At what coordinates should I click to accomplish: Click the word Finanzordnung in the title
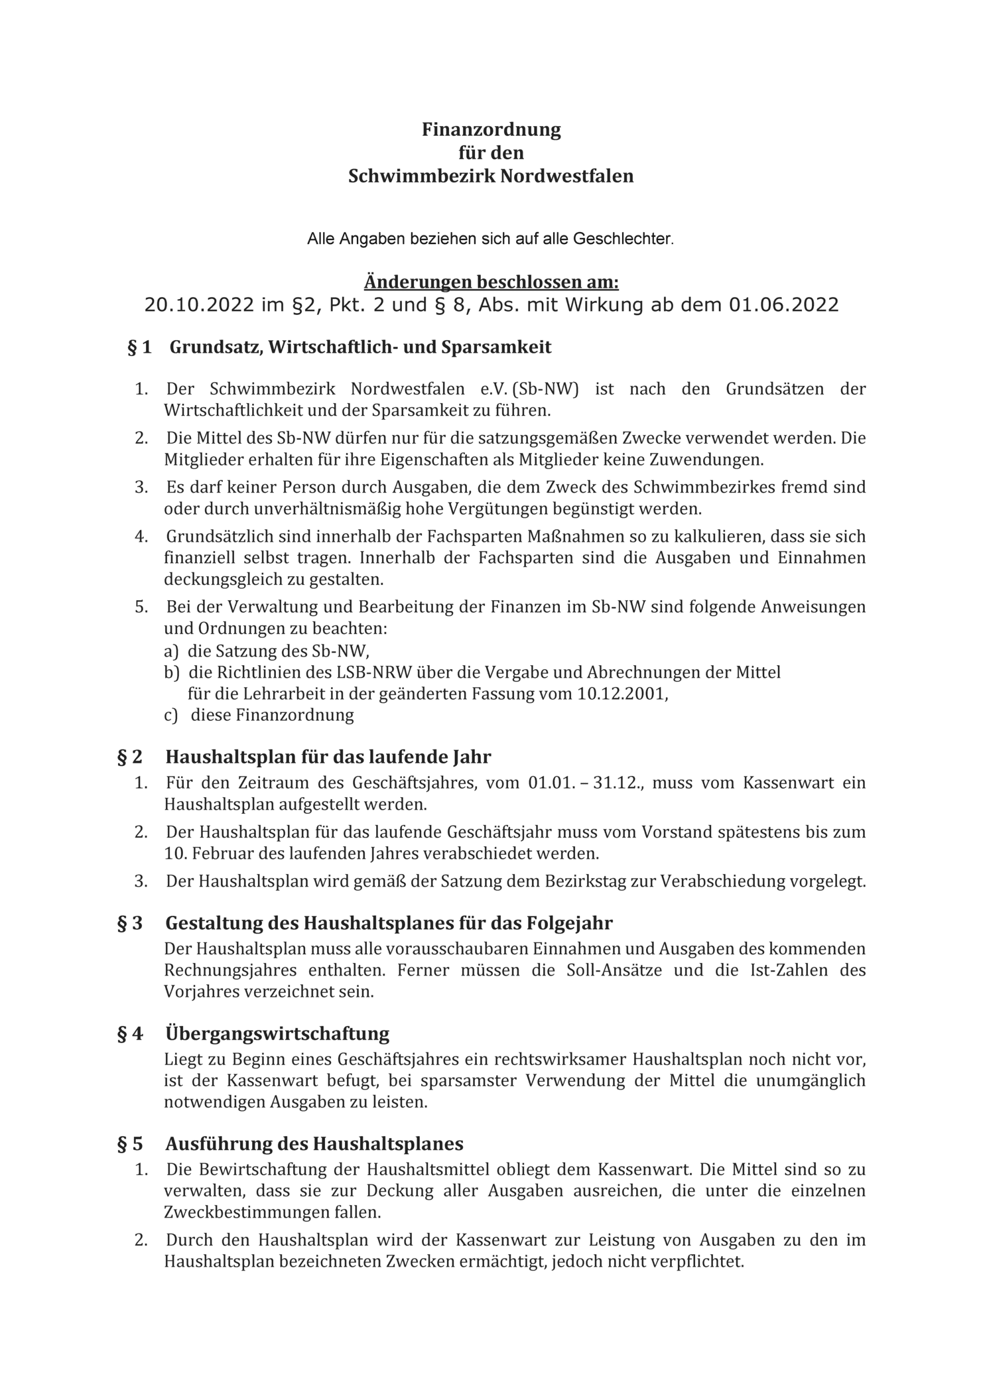click(x=491, y=129)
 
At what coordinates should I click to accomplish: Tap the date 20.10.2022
click(x=199, y=305)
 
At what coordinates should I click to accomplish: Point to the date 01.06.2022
click(x=783, y=305)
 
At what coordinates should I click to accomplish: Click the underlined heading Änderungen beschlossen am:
click(x=491, y=283)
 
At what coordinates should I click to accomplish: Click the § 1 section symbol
click(x=139, y=347)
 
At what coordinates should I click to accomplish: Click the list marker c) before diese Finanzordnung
click(x=171, y=716)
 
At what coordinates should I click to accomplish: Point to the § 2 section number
click(x=130, y=757)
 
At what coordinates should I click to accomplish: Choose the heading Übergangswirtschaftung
click(x=277, y=1034)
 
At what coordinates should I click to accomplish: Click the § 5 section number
click(x=130, y=1144)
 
